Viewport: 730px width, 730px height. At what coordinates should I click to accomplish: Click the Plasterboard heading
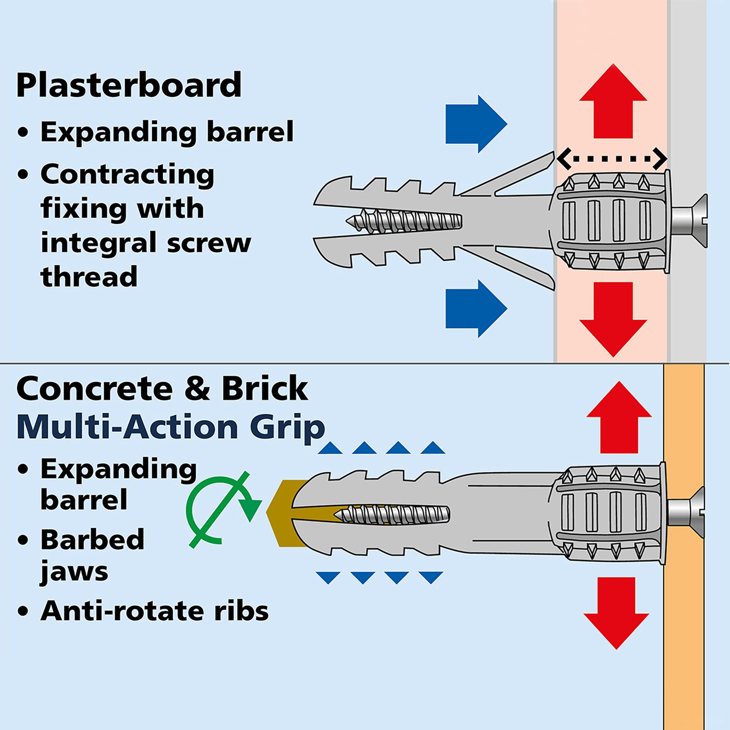tap(129, 85)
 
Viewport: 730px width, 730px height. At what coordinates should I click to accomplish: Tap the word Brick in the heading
tap(265, 389)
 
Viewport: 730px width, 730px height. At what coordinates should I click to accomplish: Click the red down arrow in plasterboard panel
tap(613, 318)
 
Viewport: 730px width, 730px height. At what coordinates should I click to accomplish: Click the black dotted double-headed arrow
tap(612, 159)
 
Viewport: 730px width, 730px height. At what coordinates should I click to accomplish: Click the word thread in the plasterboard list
tap(89, 276)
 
